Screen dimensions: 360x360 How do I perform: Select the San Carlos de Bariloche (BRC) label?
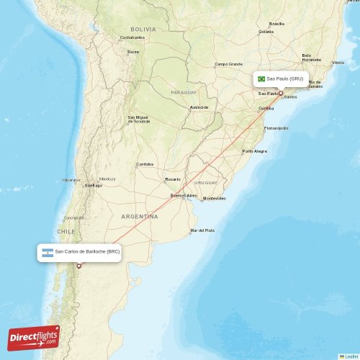88,252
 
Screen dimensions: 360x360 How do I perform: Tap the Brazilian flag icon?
261,78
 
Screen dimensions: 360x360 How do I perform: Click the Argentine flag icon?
48,252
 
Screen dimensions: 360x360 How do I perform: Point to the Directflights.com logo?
34,337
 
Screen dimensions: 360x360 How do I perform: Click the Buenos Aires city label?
183,195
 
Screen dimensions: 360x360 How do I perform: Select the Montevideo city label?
214,198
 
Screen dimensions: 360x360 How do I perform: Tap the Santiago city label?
94,185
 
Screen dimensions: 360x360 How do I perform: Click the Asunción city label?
199,107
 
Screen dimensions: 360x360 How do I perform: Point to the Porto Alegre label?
254,151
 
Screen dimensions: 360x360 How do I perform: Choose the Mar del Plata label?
202,230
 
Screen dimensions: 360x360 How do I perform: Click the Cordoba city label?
145,164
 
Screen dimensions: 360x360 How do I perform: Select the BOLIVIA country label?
143,29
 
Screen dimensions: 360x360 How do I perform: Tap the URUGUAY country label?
206,182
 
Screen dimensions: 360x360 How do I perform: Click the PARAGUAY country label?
184,93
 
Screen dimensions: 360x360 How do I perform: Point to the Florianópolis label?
276,128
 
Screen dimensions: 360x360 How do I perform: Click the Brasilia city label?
276,24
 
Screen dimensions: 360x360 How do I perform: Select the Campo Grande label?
229,63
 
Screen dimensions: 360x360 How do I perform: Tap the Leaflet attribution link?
350,356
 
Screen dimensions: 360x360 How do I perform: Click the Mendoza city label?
107,179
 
